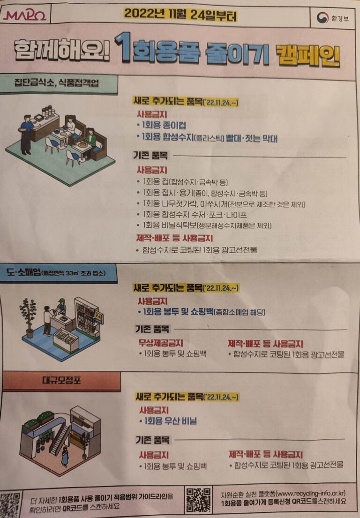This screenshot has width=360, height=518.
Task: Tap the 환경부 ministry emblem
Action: tap(322, 18)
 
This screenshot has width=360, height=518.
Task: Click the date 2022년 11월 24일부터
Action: tap(180, 15)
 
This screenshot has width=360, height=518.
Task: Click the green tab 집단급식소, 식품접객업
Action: tap(56, 83)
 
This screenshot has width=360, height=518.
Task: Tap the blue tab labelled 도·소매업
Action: tap(57, 273)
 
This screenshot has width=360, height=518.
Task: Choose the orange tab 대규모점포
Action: tap(61, 380)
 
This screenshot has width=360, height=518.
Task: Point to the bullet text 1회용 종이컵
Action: tap(161, 125)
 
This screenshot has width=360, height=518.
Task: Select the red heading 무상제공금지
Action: tap(161, 343)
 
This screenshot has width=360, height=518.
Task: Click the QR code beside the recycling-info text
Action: tap(198, 500)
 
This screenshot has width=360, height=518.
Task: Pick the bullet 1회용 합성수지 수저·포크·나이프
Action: tap(192, 215)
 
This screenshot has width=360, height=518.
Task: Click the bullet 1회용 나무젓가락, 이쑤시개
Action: tap(221, 204)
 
